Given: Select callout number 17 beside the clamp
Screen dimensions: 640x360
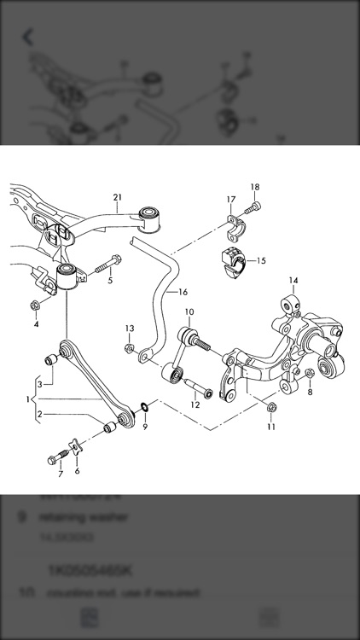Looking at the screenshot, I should [x=230, y=200].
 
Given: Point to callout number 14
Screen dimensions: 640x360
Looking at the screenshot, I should [x=293, y=280].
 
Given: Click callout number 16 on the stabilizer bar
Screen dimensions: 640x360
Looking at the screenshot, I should [x=182, y=292].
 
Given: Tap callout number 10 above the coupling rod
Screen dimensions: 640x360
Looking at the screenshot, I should [x=189, y=312].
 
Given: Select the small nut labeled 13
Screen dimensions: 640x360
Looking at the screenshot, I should [x=129, y=348].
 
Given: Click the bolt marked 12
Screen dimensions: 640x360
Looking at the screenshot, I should [x=202, y=393].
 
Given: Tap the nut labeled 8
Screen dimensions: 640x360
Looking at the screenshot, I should [x=309, y=374].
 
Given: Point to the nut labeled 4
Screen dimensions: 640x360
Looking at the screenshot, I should [x=36, y=305].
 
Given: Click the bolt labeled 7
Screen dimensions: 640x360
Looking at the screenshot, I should [x=56, y=459].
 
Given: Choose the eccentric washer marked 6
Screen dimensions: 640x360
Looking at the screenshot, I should [x=76, y=446].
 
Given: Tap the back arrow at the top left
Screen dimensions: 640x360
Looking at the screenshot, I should [x=28, y=37].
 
